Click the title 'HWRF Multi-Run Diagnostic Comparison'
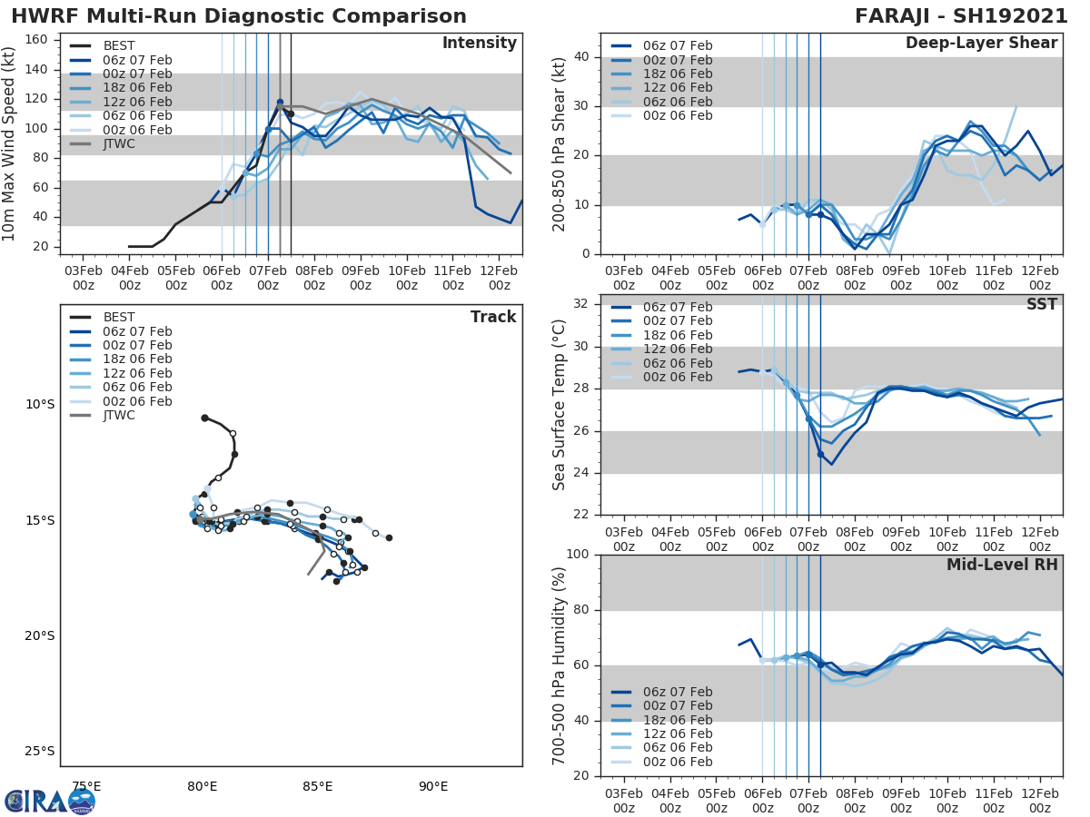(239, 16)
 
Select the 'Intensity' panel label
(479, 44)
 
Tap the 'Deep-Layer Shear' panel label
(981, 44)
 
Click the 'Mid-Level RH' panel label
(1002, 565)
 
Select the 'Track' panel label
(492, 317)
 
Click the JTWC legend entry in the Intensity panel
(119, 143)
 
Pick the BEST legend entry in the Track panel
(119, 317)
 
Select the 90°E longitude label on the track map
(433, 786)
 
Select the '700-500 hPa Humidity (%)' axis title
(560, 664)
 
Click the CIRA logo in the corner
(50, 801)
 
